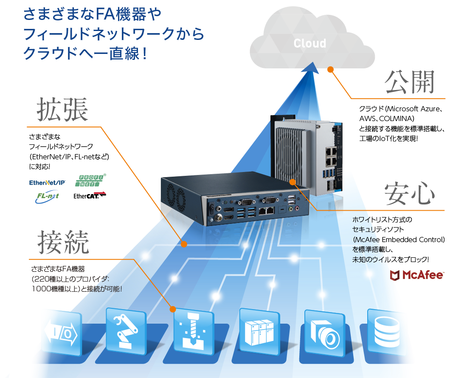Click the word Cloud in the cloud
[310, 43]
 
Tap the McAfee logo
[416, 275]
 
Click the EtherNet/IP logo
[47, 183]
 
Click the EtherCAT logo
[90, 196]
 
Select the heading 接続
[63, 243]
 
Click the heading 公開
[410, 82]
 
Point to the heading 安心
[410, 195]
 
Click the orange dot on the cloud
[330, 69]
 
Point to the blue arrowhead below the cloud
[313, 67]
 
